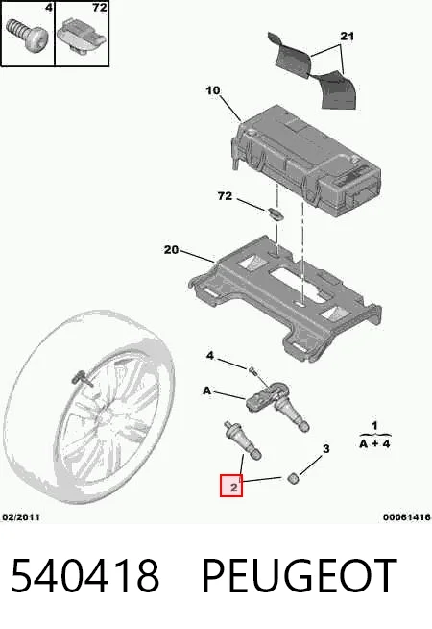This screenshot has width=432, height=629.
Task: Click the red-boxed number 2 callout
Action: [x=231, y=486]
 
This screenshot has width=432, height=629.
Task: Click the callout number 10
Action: [x=213, y=90]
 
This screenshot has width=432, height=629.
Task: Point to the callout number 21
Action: [x=348, y=37]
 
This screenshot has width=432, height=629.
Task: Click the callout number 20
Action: [x=171, y=250]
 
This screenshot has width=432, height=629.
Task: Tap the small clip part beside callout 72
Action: [x=276, y=214]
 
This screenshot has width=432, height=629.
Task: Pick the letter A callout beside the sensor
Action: [x=206, y=390]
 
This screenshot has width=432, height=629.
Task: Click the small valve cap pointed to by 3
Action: [x=294, y=477]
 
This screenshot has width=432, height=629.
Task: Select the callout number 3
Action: [x=326, y=448]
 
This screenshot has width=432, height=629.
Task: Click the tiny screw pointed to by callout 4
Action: [x=252, y=370]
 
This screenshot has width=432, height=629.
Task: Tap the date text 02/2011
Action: [x=21, y=517]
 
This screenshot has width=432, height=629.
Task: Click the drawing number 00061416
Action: [x=407, y=517]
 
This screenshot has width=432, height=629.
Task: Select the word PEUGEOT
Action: [x=300, y=576]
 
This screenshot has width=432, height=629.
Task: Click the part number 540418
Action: [x=85, y=576]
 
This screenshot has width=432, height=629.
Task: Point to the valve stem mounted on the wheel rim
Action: [x=82, y=380]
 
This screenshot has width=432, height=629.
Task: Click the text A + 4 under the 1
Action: [x=374, y=444]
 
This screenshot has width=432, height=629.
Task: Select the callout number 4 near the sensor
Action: [x=210, y=356]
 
